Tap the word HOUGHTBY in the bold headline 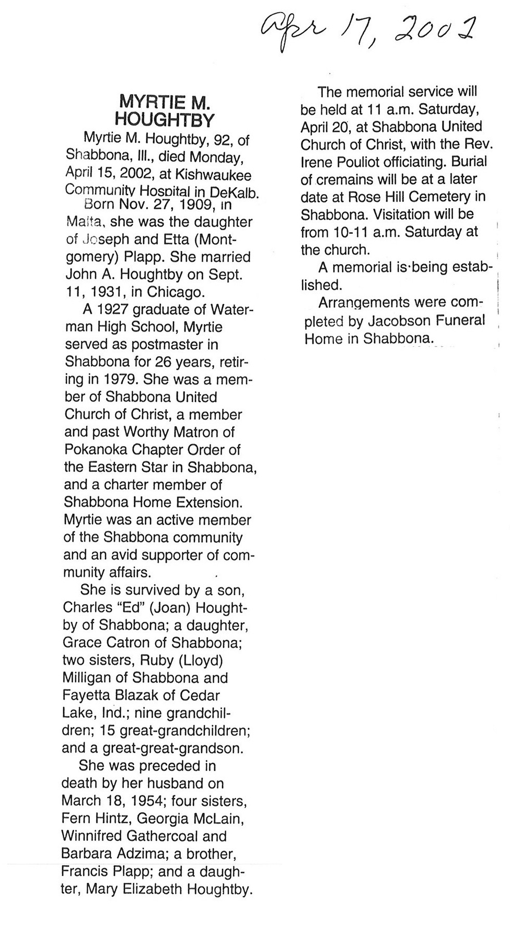click(x=164, y=120)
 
